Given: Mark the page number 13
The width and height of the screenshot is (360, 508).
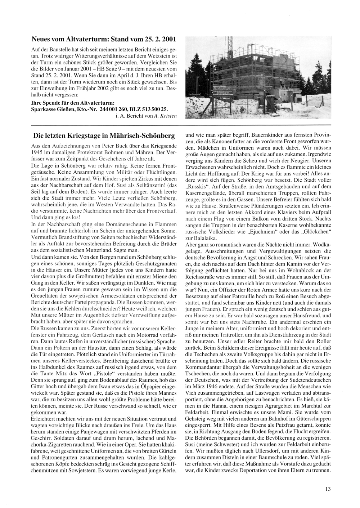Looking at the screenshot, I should [x=327, y=489].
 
